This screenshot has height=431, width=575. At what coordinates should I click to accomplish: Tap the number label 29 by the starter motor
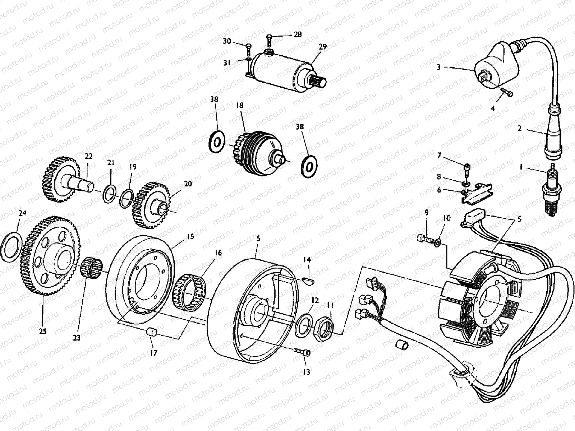pyautogui.click(x=322, y=47)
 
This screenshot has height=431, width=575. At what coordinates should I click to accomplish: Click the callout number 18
pyautogui.click(x=240, y=105)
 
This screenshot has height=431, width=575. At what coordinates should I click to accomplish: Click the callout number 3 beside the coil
pyautogui.click(x=439, y=67)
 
